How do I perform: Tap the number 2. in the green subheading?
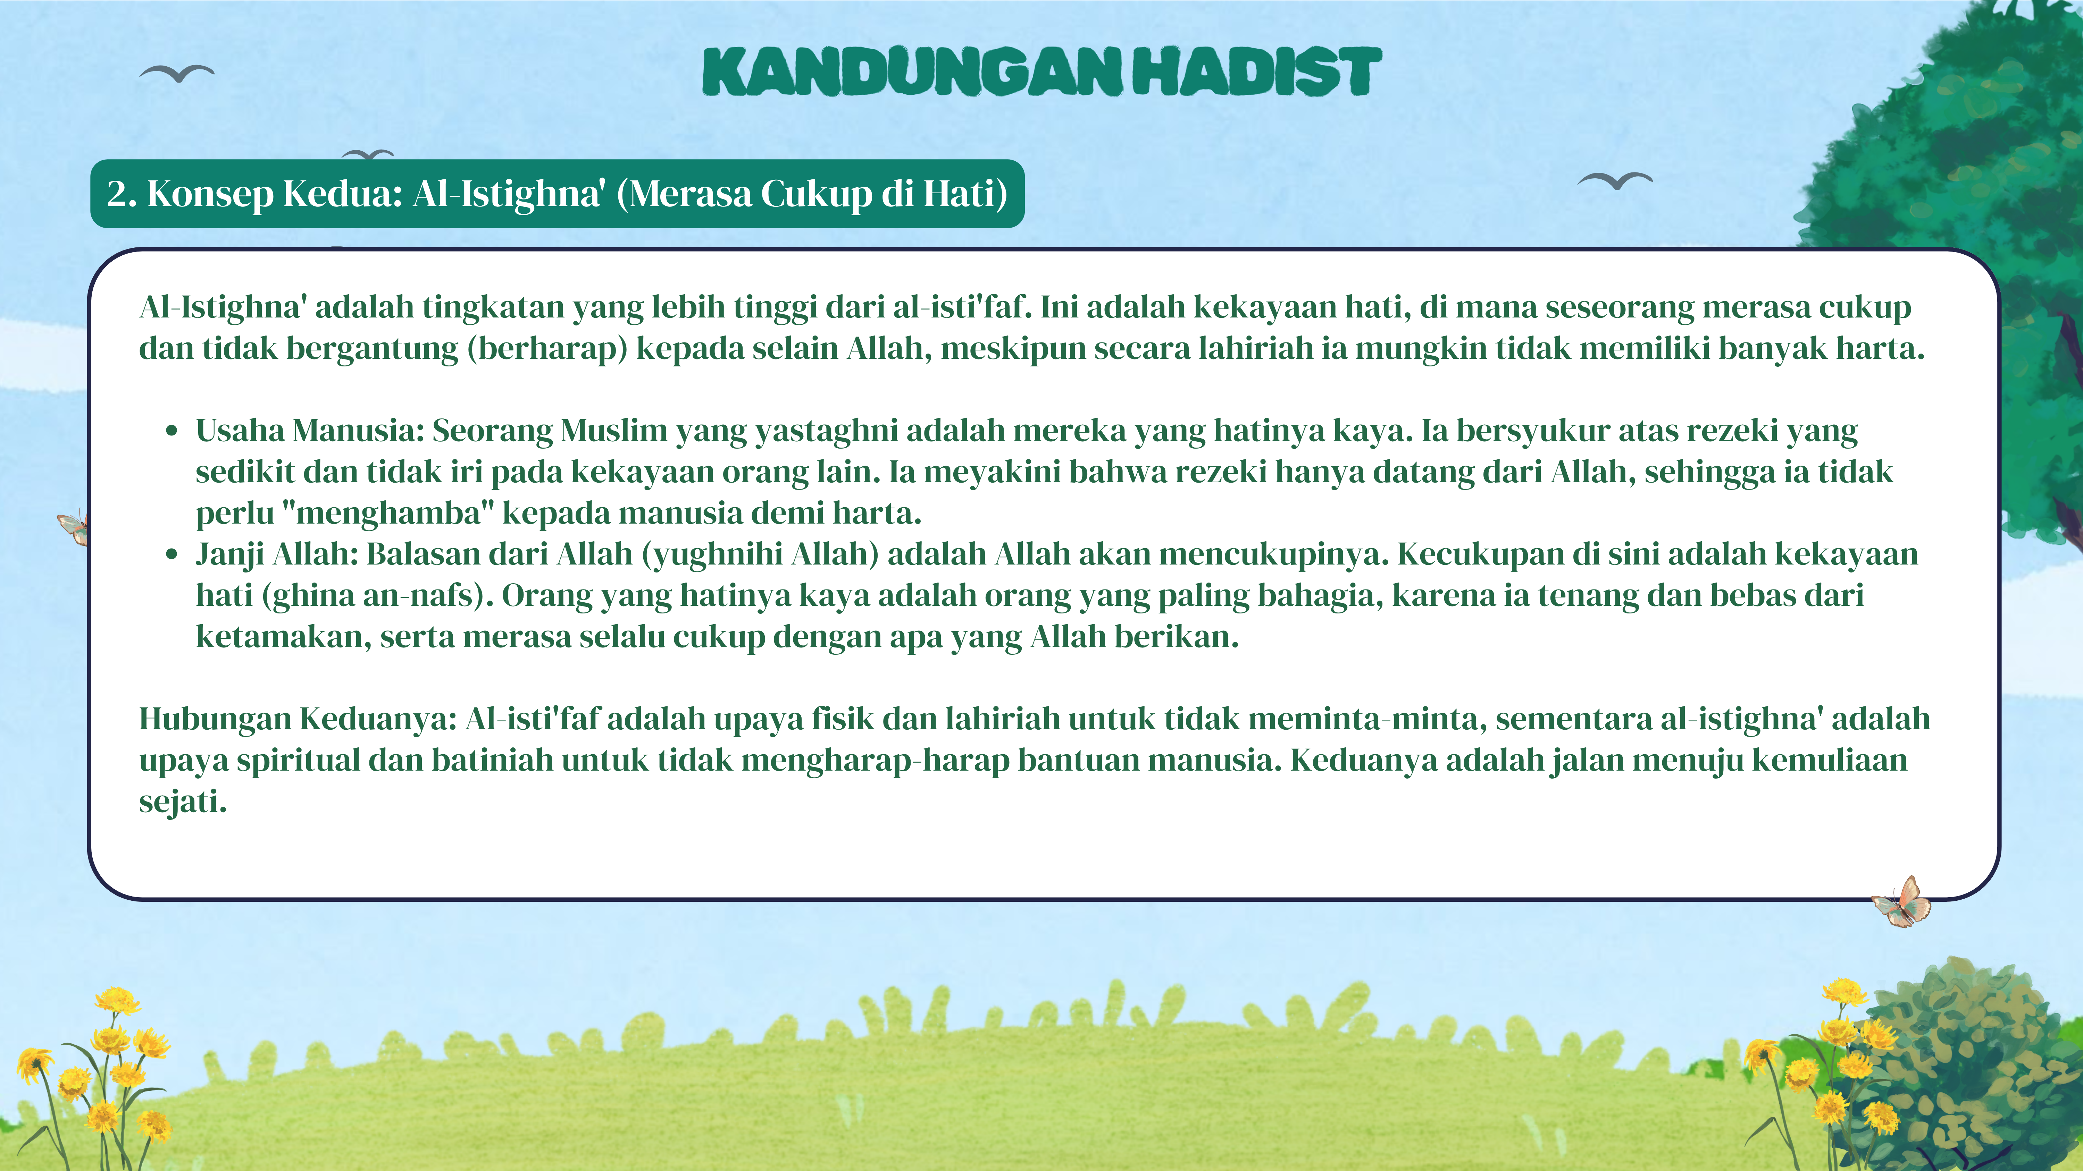tap(122, 194)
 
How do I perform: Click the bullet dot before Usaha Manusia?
tap(172, 432)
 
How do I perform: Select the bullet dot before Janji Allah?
tap(172, 555)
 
